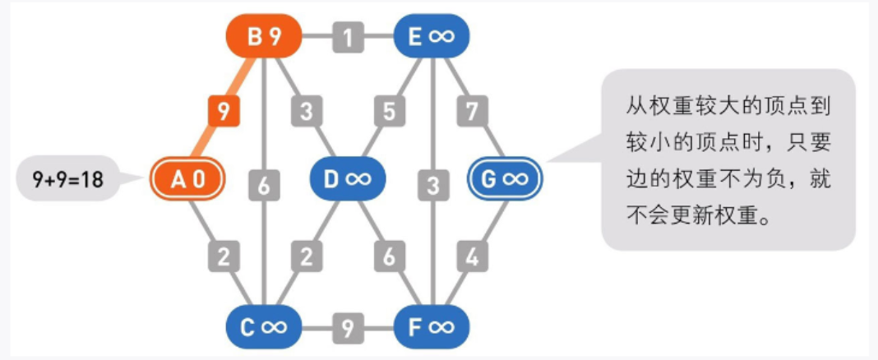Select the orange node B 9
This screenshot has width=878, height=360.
pyautogui.click(x=262, y=37)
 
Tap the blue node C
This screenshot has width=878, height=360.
pyautogui.click(x=263, y=327)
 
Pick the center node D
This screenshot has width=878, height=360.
pyautogui.click(x=347, y=178)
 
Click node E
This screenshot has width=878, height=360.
pyautogui.click(x=431, y=37)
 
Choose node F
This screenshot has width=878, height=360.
pyautogui.click(x=431, y=327)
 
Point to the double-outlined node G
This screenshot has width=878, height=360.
pyautogui.click(x=505, y=178)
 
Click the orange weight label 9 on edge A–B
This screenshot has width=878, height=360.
pyautogui.click(x=223, y=110)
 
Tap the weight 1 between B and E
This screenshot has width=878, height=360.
pyautogui.click(x=348, y=37)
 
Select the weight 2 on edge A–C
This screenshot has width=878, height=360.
pyautogui.click(x=223, y=257)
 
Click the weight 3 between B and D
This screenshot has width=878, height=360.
pyautogui.click(x=307, y=110)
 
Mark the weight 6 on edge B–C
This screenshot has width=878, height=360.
pyautogui.click(x=263, y=187)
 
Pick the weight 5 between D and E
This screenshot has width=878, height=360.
pyautogui.click(x=389, y=110)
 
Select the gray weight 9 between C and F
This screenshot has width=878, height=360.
pyautogui.click(x=348, y=327)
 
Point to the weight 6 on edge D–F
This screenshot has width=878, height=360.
pyautogui.click(x=389, y=257)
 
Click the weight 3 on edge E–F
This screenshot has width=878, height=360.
pyautogui.click(x=431, y=187)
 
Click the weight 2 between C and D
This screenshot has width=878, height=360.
pyautogui.click(x=307, y=257)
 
